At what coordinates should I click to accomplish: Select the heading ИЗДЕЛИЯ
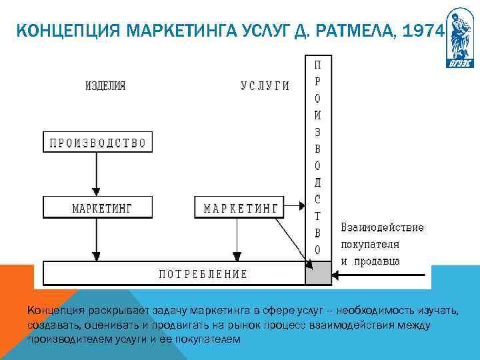[x=106, y=86]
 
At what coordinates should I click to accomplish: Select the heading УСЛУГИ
[x=265, y=86]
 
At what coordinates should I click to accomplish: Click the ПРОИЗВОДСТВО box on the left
[x=98, y=142]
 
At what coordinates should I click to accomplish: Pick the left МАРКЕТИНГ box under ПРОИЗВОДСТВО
[x=98, y=207]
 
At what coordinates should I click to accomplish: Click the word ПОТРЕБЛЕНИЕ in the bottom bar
[x=203, y=273]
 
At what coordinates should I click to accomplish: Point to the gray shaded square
[x=318, y=273]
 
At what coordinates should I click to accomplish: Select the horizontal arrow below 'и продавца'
[x=387, y=275]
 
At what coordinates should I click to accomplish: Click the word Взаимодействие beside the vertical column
[x=382, y=227]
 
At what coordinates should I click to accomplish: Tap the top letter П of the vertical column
[x=317, y=66]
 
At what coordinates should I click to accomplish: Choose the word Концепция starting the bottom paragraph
[x=53, y=310]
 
